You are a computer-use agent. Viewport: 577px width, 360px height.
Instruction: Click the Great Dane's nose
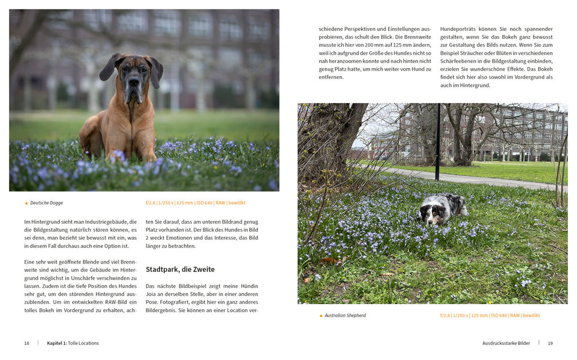134,83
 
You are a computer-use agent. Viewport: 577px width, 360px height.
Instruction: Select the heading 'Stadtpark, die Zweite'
180,269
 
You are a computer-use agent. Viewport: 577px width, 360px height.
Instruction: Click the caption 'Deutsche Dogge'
46,203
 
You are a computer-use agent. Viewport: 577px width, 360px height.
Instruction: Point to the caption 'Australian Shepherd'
345,315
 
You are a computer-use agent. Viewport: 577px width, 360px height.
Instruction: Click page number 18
26,343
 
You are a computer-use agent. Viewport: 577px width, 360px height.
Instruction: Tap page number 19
550,343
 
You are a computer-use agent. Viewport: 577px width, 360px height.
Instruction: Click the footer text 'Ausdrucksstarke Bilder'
506,343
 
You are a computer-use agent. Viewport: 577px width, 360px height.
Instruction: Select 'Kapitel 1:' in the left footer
56,343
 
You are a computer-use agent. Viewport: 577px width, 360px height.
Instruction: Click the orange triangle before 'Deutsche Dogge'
26,203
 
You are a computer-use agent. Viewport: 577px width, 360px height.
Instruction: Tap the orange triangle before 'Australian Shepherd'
321,315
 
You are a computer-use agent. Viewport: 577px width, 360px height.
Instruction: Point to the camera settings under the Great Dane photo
195,203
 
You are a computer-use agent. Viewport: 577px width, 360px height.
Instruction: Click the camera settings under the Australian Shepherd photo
490,315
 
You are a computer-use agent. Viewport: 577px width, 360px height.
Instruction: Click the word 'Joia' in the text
153,294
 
